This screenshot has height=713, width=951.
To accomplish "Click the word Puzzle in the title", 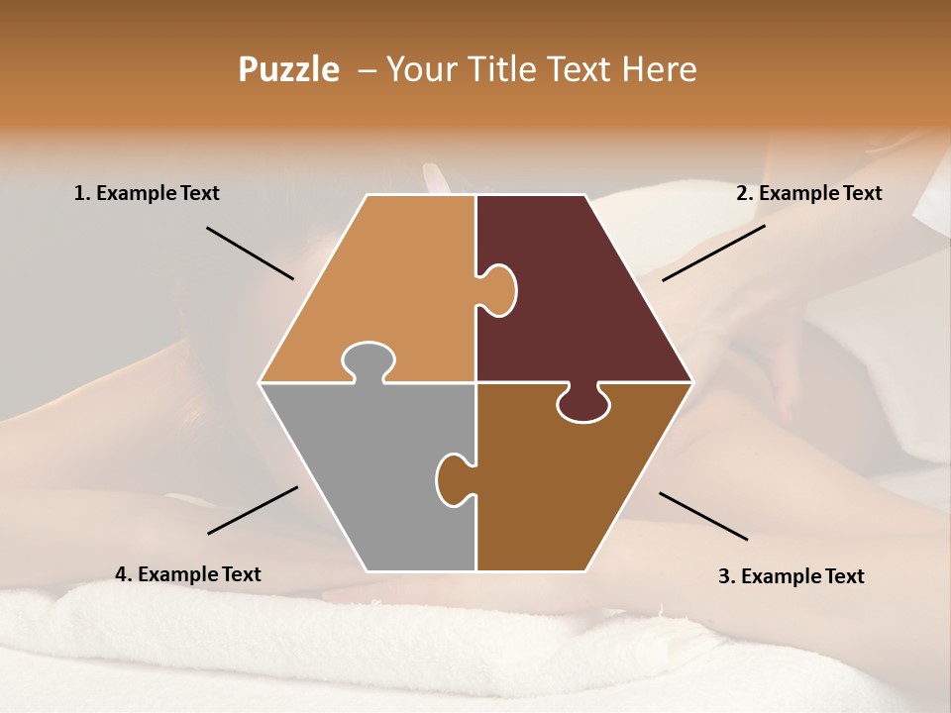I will (x=288, y=70).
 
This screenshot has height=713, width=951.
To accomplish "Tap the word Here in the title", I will (x=659, y=69).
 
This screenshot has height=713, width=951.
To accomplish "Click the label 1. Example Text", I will (x=147, y=193).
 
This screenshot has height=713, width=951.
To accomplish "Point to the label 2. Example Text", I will (x=808, y=193).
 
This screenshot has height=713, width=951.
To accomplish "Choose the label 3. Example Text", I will (x=791, y=576).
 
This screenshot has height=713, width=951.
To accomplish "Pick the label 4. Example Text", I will (x=188, y=574).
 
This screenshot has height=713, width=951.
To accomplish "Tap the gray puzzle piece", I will (x=367, y=475).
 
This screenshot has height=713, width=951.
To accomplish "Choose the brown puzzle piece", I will (x=575, y=485).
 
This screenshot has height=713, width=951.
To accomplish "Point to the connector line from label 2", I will (x=713, y=253).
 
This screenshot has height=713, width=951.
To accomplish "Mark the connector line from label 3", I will (x=703, y=516).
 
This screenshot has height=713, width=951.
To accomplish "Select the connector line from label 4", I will (x=253, y=510).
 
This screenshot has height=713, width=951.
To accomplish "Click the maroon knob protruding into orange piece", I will (x=498, y=290).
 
